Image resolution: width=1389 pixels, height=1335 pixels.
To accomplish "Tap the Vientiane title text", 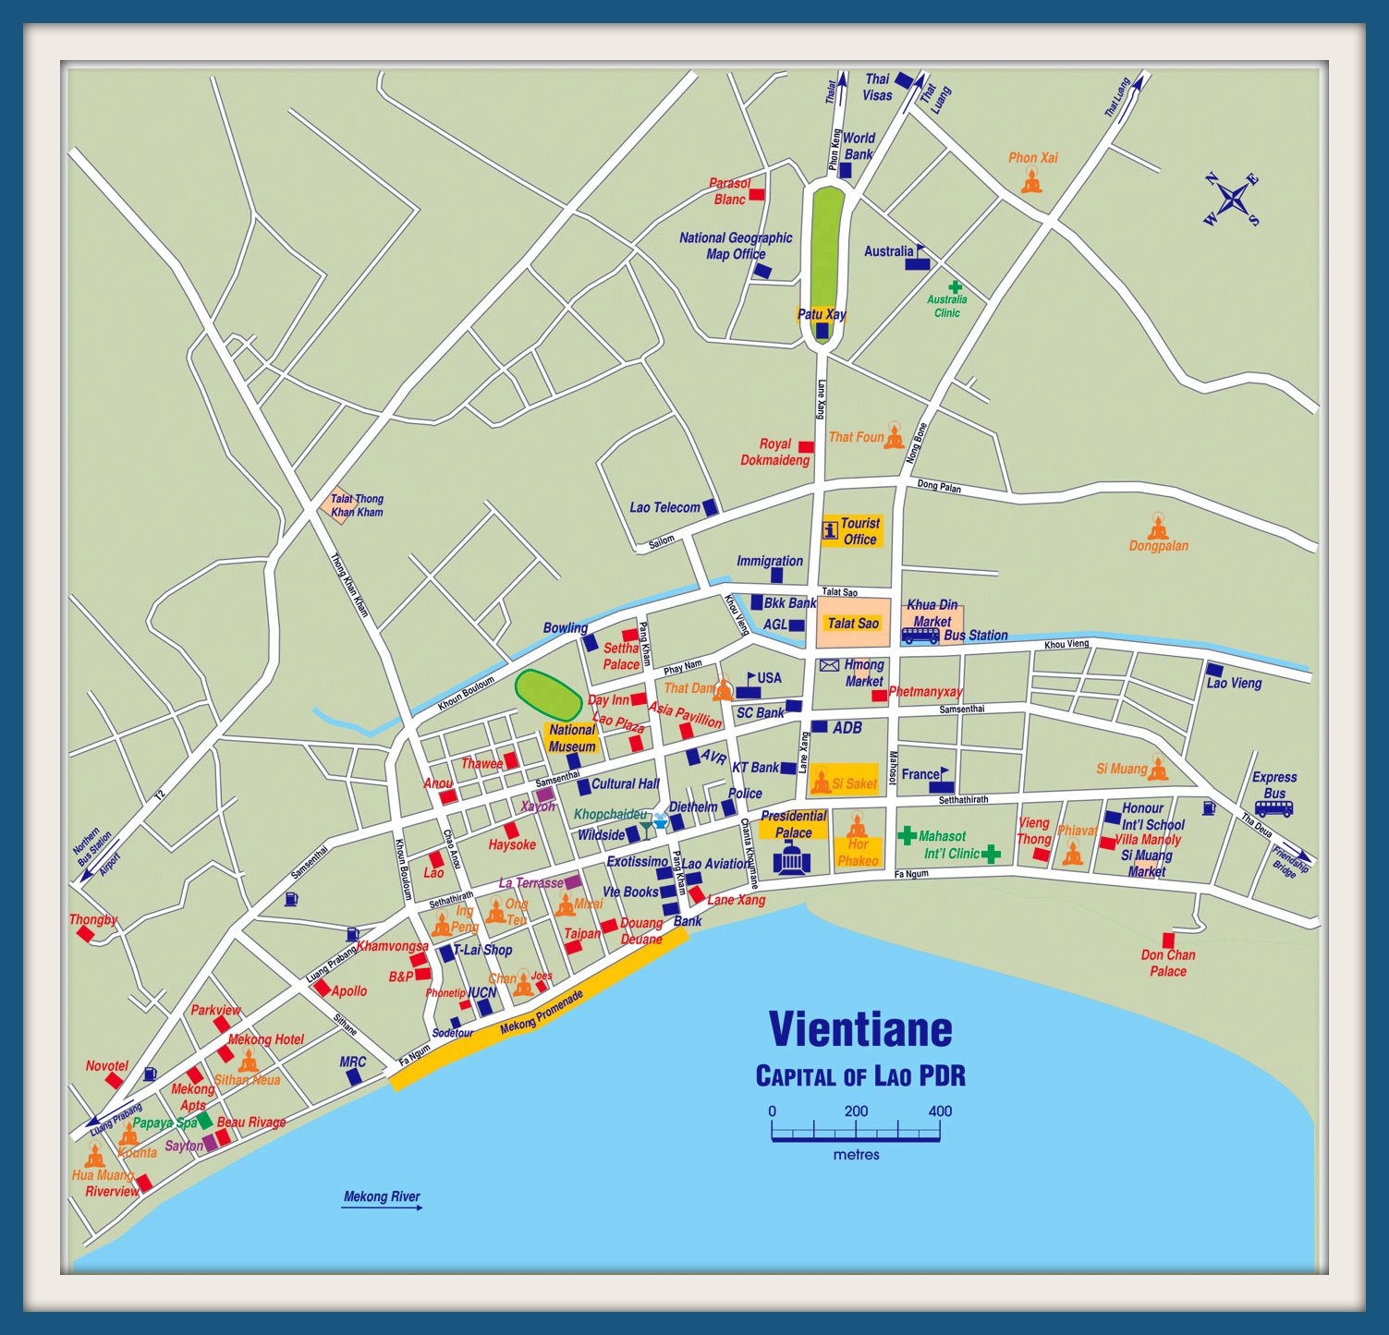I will (x=860, y=1029).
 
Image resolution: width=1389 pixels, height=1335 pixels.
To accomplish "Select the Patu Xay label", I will (x=822, y=314).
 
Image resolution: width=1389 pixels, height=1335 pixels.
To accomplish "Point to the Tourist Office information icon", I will (x=830, y=530).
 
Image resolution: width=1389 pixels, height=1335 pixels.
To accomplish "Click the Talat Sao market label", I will (x=853, y=624).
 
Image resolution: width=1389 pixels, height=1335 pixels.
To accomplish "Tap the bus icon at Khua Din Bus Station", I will (x=920, y=636).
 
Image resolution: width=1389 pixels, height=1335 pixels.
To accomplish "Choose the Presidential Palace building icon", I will (x=791, y=858).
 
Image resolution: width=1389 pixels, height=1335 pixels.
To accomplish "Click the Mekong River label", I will (x=382, y=1196).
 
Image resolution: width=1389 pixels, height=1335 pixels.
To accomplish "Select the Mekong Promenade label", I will (x=542, y=1013).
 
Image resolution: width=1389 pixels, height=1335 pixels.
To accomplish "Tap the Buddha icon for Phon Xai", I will (x=1031, y=181).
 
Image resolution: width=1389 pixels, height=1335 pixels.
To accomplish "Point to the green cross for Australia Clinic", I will (x=956, y=286).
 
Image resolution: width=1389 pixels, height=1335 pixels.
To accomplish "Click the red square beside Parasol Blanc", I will (x=757, y=194).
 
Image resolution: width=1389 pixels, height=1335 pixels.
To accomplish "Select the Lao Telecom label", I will (x=664, y=507).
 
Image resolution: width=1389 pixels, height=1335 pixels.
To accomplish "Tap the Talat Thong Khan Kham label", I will (x=356, y=505).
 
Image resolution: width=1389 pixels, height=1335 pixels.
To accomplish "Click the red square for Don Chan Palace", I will (x=1168, y=940).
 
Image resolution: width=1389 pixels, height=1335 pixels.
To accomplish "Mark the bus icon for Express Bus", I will (x=1273, y=808).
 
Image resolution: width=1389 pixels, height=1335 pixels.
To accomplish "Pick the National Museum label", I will (x=572, y=738).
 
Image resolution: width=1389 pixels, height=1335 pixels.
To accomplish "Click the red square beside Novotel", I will (x=114, y=1080).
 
